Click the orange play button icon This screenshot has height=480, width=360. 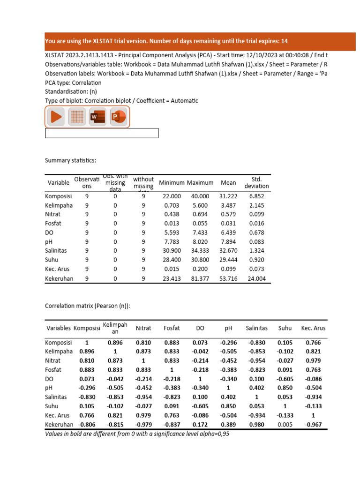(x=56, y=116)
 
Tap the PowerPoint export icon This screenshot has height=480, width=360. (x=119, y=116)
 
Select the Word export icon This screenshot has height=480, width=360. (x=97, y=116)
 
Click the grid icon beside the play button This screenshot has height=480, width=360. (x=77, y=116)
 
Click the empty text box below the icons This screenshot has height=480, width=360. (x=102, y=133)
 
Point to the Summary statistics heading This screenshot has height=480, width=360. (x=70, y=161)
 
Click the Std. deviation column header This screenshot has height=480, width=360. (x=256, y=182)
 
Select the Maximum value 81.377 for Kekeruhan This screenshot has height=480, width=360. (x=200, y=278)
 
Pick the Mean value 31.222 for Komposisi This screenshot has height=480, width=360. (x=228, y=196)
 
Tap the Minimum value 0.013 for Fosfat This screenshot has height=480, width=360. (x=171, y=224)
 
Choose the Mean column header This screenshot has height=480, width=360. (x=228, y=182)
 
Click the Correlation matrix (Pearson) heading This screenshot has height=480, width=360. (x=88, y=306)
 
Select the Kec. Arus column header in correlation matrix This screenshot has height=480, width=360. (x=313, y=328)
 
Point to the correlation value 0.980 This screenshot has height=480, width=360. (x=257, y=424)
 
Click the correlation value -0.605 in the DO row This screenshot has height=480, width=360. (x=285, y=379)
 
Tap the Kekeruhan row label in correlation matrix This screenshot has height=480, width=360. (x=59, y=424)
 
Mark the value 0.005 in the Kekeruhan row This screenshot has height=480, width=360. (x=285, y=424)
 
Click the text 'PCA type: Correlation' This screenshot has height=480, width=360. (x=73, y=82)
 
